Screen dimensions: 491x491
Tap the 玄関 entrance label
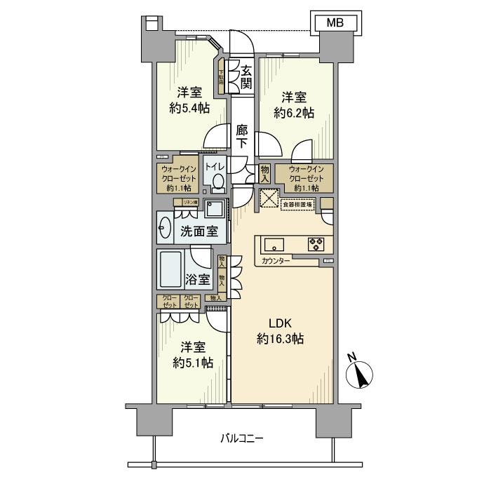coord(247,76)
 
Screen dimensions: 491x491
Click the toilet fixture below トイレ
coord(217,182)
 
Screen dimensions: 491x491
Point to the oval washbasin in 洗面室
coord(166,229)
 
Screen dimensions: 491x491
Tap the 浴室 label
coord(197,279)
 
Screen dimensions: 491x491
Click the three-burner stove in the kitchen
coord(315,244)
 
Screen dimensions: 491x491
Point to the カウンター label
coord(276,260)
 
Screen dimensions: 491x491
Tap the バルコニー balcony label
coord(241,438)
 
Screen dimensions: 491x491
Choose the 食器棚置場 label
coord(297,204)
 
